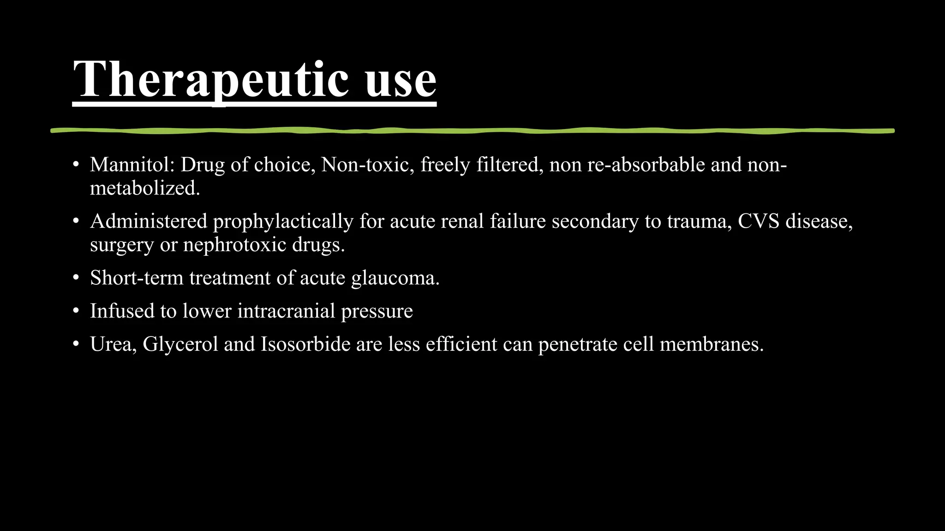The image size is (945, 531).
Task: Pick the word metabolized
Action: [x=144, y=188]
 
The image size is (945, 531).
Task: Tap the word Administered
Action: [x=149, y=221]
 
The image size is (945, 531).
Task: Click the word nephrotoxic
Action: [x=234, y=244]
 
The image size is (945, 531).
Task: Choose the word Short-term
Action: [x=137, y=278]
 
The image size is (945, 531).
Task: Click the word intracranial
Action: [x=286, y=311]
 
